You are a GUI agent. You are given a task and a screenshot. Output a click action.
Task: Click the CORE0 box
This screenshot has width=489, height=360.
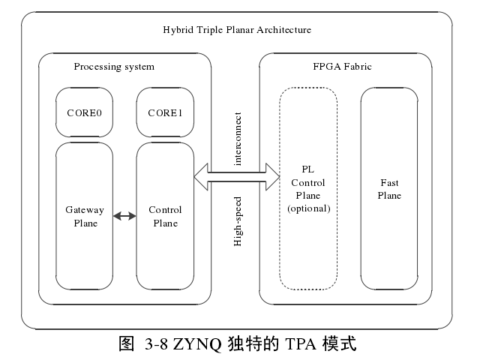tap(84, 113)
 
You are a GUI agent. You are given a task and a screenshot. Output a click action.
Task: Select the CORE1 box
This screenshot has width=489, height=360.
tap(165, 113)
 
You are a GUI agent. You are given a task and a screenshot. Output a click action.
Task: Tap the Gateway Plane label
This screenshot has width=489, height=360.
tap(84, 217)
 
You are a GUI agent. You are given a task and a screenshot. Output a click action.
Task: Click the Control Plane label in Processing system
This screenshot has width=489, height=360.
tap(165, 217)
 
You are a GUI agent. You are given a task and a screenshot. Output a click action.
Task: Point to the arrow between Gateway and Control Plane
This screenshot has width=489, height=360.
tap(124, 217)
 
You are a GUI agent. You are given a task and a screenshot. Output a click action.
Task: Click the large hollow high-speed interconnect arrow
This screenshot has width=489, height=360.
tap(237, 177)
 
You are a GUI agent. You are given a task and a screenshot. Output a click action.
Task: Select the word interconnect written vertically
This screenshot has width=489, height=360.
tap(238, 139)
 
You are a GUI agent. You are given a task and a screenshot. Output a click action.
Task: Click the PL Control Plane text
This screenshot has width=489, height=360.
tap(308, 182)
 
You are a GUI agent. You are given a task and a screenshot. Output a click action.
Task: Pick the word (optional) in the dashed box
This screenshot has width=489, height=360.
tap(308, 208)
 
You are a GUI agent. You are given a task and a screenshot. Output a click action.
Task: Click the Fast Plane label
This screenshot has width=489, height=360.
tap(389, 189)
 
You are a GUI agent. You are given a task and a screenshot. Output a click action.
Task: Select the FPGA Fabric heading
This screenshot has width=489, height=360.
tap(342, 67)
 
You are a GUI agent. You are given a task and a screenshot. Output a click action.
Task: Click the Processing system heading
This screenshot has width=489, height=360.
tap(114, 67)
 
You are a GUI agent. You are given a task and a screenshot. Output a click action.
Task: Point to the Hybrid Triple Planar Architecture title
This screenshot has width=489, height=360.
tap(237, 30)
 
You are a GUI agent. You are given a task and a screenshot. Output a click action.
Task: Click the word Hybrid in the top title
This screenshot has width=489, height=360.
tap(177, 30)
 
